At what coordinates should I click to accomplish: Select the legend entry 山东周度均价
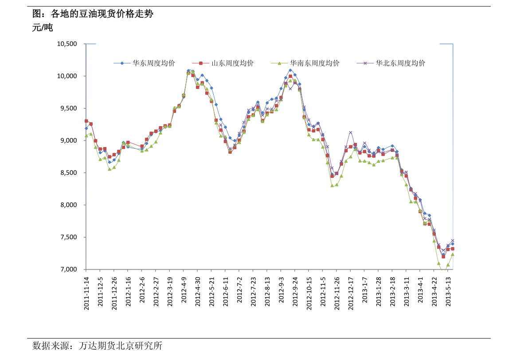point(232,63)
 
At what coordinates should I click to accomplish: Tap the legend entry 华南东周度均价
point(314,63)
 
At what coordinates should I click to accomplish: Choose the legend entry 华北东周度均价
point(400,63)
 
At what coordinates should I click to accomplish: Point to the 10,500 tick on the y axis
point(67,44)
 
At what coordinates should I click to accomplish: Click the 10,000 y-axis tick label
point(67,76)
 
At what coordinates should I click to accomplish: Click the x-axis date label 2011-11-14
point(86,293)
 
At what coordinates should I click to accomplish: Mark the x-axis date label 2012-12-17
point(351,293)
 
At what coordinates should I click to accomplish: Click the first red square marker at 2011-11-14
point(86,121)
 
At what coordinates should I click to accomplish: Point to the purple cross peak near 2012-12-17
point(351,132)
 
